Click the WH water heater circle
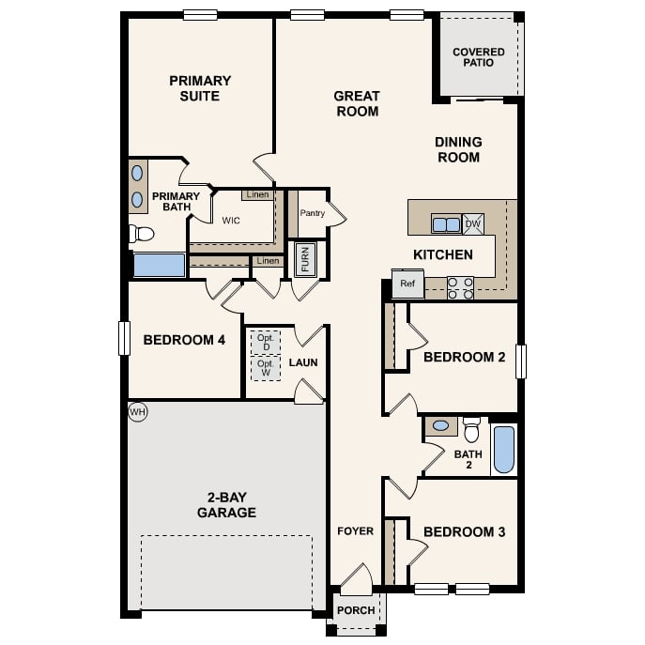pyautogui.click(x=138, y=412)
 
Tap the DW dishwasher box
pyautogui.click(x=473, y=224)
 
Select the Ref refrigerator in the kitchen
pyautogui.click(x=407, y=284)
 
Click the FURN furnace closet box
pyautogui.click(x=305, y=259)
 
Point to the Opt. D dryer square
pyautogui.click(x=265, y=342)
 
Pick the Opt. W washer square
pyautogui.click(x=265, y=368)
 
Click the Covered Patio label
pyautogui.click(x=479, y=57)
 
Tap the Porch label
pyautogui.click(x=356, y=610)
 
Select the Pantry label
pyautogui.click(x=312, y=213)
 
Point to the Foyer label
pyautogui.click(x=356, y=531)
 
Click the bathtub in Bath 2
pyautogui.click(x=504, y=450)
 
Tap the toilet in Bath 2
pyautogui.click(x=471, y=431)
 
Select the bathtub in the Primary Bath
pyautogui.click(x=159, y=265)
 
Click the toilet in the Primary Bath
pyautogui.click(x=142, y=234)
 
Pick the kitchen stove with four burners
pyautogui.click(x=460, y=287)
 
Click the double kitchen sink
pyautogui.click(x=446, y=224)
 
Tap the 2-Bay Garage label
pyautogui.click(x=226, y=505)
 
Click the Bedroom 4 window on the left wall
pyautogui.click(x=123, y=338)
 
